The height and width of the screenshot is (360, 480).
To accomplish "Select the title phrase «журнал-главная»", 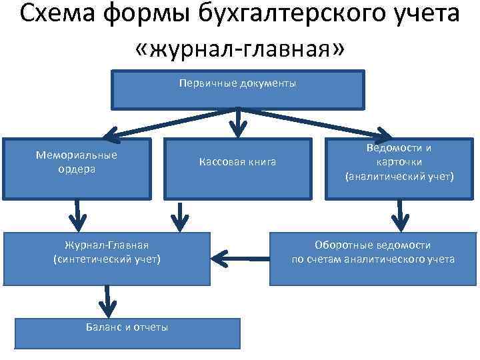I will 239,50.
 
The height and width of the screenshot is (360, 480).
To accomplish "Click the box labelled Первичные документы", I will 237,90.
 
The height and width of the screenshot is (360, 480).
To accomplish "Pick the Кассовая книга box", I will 238,168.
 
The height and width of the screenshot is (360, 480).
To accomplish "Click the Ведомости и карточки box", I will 399,168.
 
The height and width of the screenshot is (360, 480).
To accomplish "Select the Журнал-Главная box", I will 107,258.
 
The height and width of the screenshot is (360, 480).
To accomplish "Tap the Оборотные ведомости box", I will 373,258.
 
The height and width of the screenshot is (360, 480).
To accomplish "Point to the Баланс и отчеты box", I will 127,333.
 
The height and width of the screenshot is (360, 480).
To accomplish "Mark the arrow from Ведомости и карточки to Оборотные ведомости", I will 400,215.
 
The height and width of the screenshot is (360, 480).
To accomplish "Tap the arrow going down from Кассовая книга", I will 179,215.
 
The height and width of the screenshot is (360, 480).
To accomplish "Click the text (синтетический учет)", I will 107,259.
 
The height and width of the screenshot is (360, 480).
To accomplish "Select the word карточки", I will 399,162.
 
